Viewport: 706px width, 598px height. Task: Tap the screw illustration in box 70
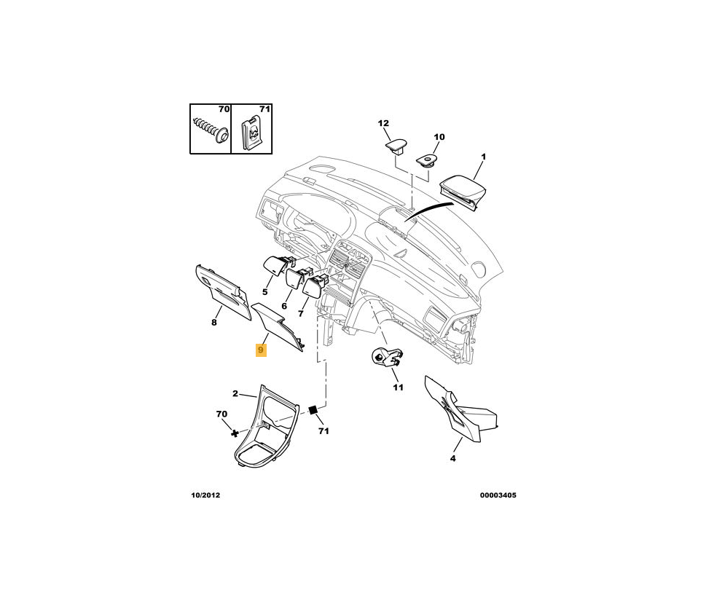click(x=210, y=130)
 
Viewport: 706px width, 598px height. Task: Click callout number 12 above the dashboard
click(x=383, y=124)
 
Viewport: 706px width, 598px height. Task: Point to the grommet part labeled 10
click(x=425, y=157)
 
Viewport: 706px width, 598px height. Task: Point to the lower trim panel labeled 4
click(x=460, y=409)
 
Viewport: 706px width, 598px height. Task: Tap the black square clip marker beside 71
click(x=313, y=411)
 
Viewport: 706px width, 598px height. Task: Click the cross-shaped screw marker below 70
click(x=235, y=434)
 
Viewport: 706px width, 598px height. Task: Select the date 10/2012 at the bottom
click(x=205, y=495)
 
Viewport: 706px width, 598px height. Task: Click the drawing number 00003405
click(x=498, y=495)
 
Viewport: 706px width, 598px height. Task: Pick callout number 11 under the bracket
click(x=398, y=387)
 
